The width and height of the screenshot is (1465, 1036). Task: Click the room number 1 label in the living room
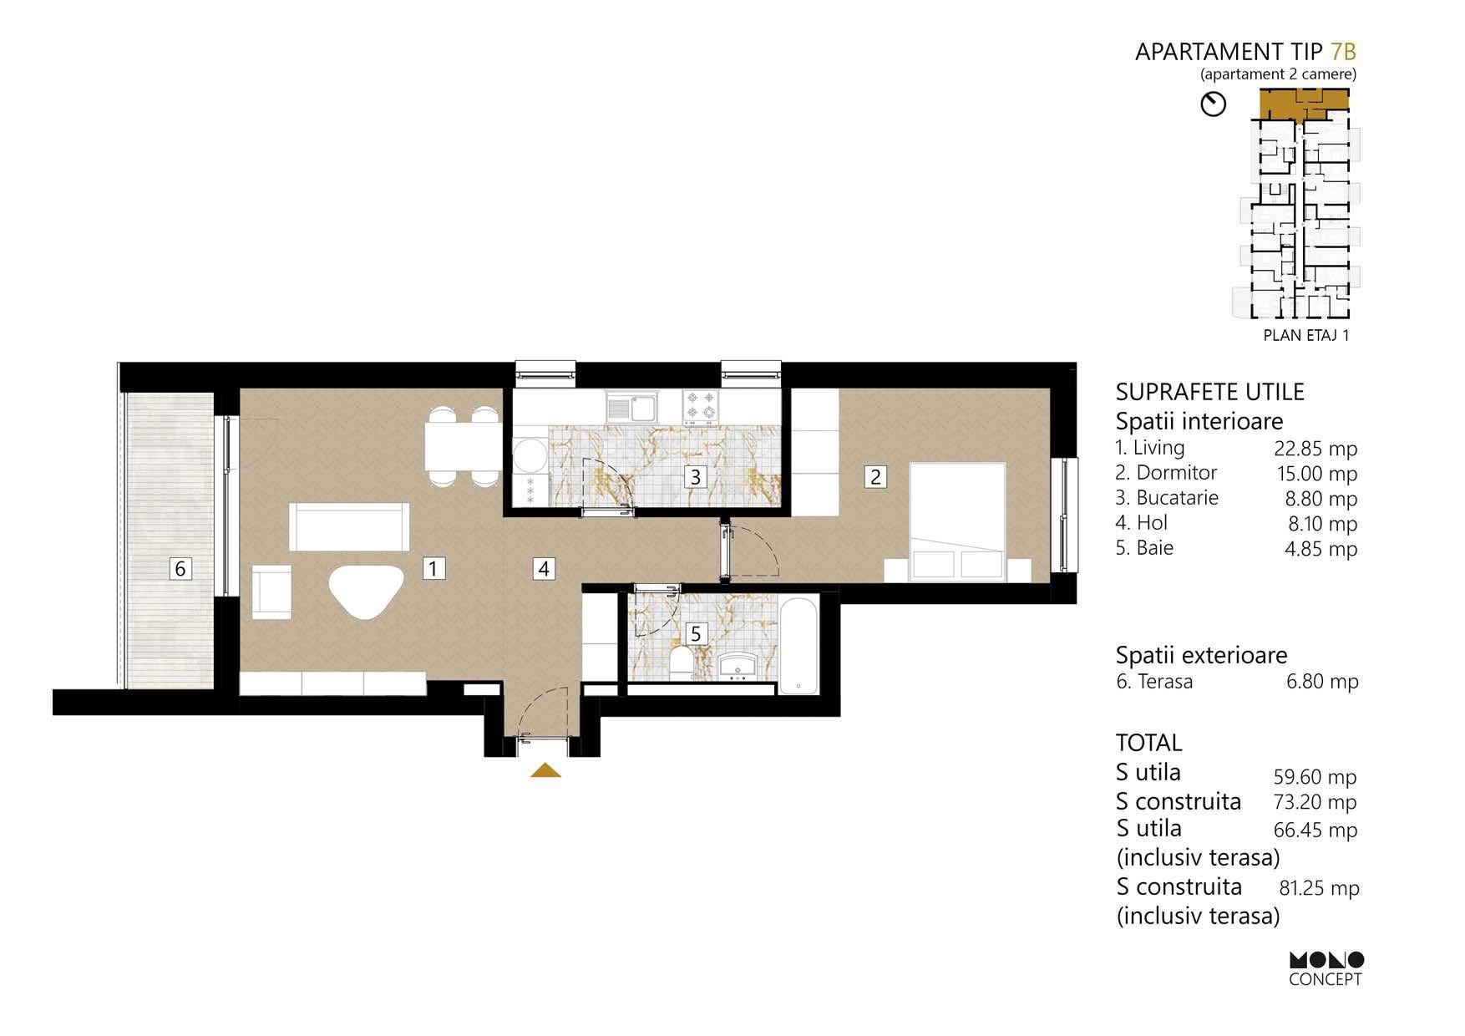(433, 569)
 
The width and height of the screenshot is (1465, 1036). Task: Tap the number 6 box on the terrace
(180, 569)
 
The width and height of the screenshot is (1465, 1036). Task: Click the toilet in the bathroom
(680, 663)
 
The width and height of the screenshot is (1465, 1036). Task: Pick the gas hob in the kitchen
(701, 406)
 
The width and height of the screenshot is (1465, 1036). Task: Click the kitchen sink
(631, 407)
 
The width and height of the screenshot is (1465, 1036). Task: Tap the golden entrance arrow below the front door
(545, 770)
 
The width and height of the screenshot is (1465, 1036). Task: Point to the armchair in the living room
(271, 592)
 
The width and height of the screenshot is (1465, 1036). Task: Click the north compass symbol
(1213, 104)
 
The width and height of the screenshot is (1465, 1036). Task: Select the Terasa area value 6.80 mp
(1322, 682)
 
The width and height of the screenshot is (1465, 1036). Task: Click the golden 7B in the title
(1343, 52)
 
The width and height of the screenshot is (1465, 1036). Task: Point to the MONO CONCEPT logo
(1326, 969)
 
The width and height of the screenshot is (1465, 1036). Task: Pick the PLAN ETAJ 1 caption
(1306, 336)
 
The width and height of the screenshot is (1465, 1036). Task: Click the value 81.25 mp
(1320, 888)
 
